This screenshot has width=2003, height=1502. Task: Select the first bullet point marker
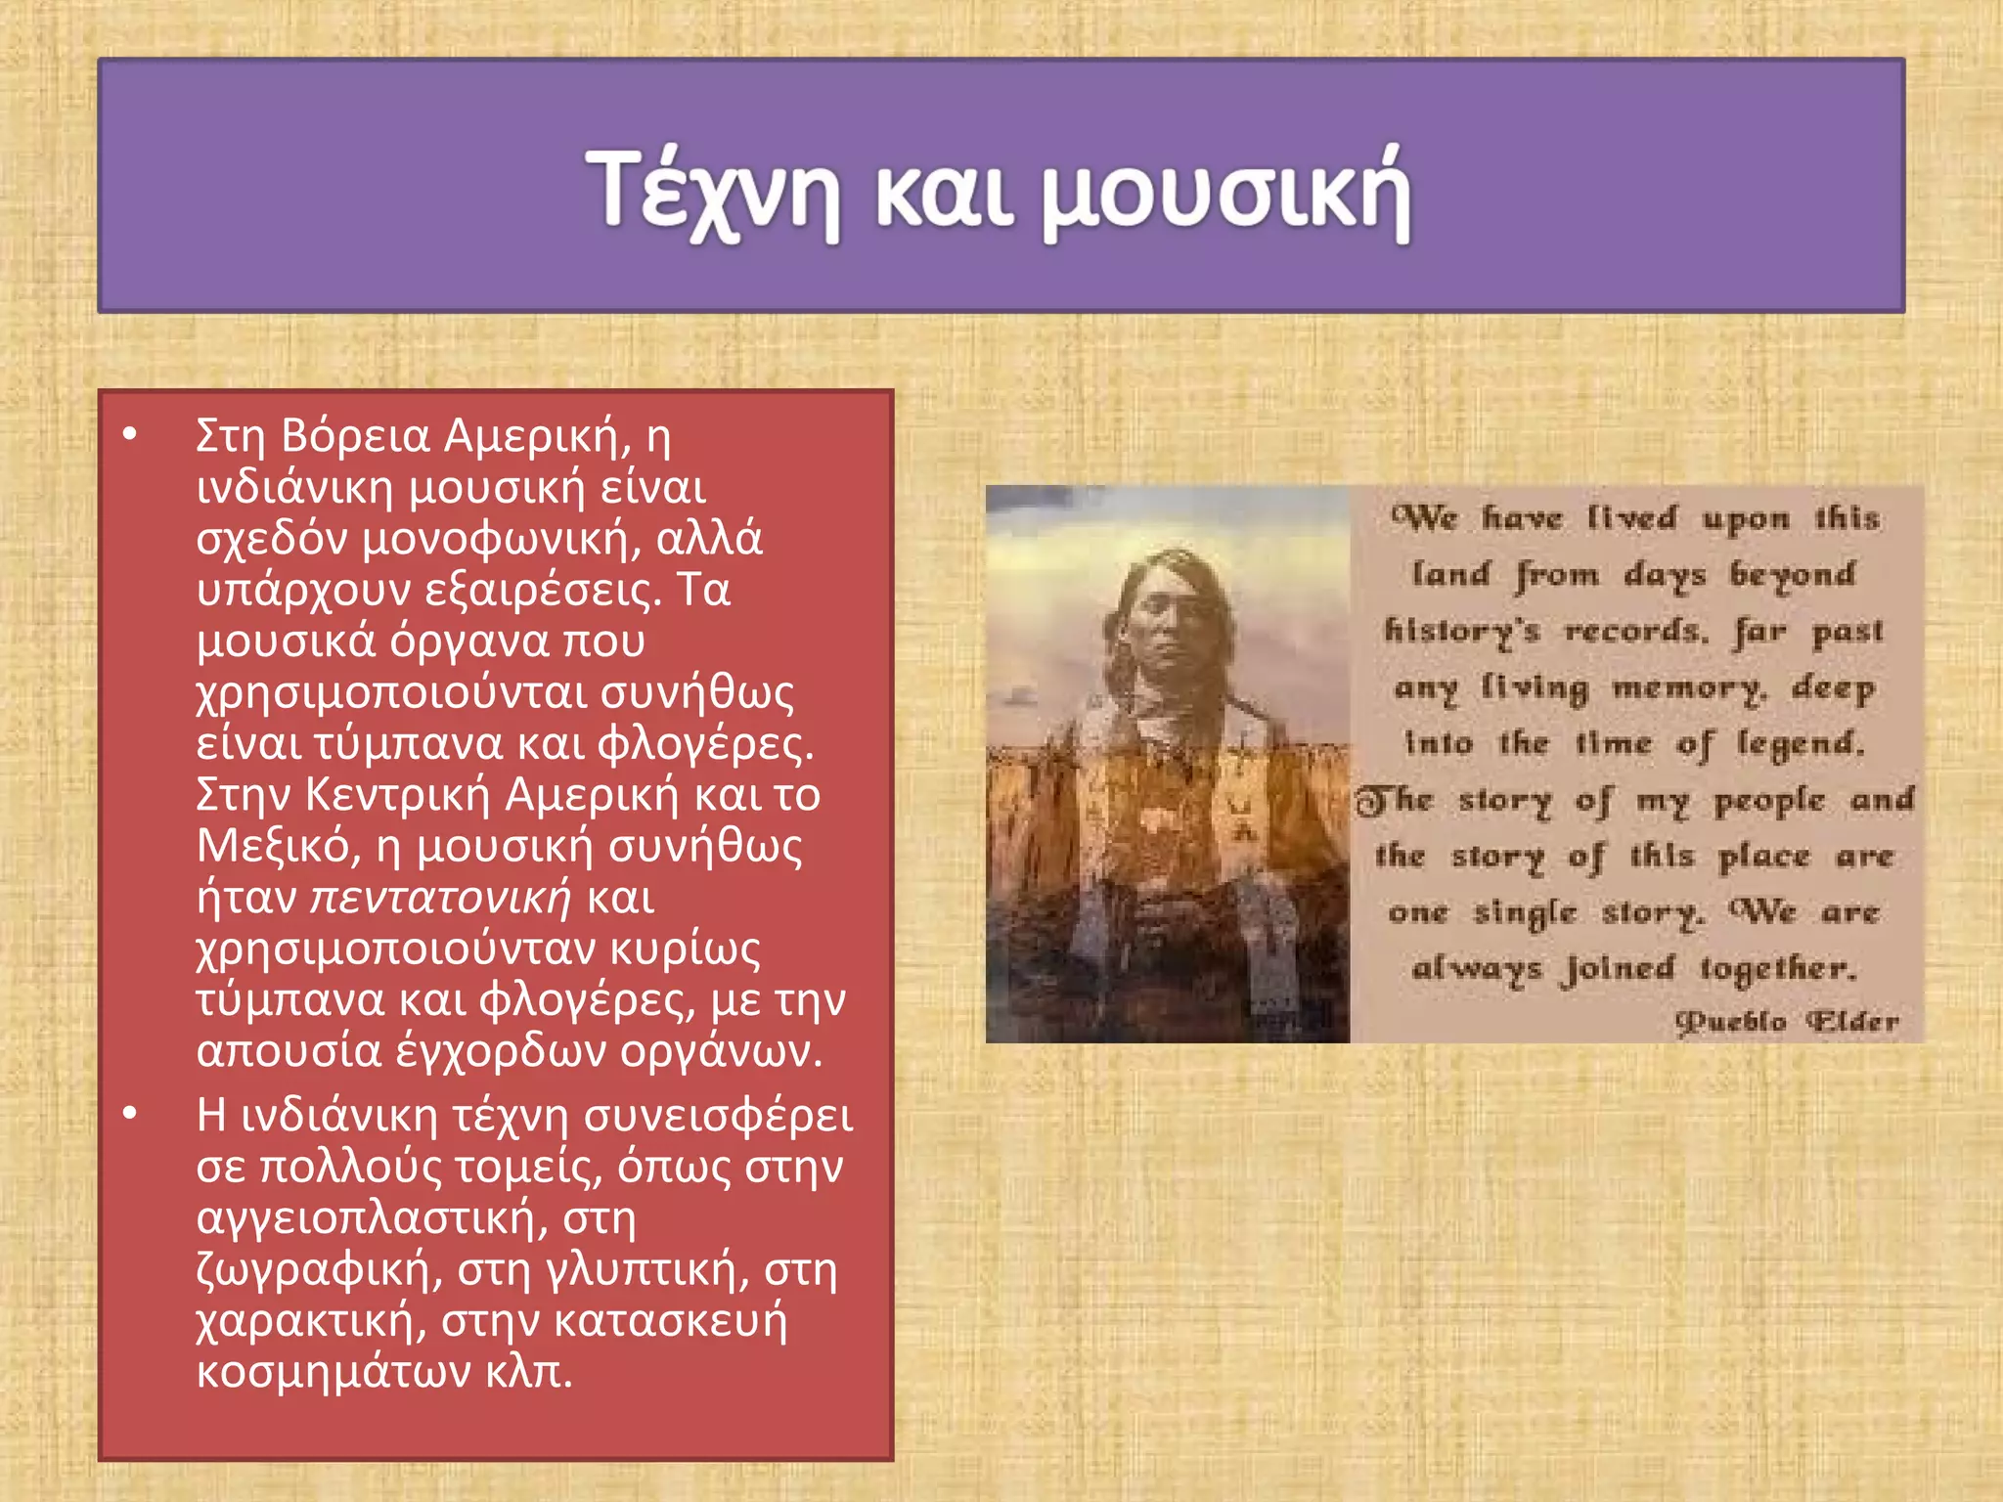pyautogui.click(x=131, y=433)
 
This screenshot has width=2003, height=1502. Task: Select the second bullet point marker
pyautogui.click(x=131, y=1114)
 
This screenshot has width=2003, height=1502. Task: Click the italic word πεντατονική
pyautogui.click(x=440, y=898)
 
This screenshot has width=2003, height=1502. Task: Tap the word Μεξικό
pyautogui.click(x=273, y=846)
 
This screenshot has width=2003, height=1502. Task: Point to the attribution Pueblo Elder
pyautogui.click(x=1786, y=1022)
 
